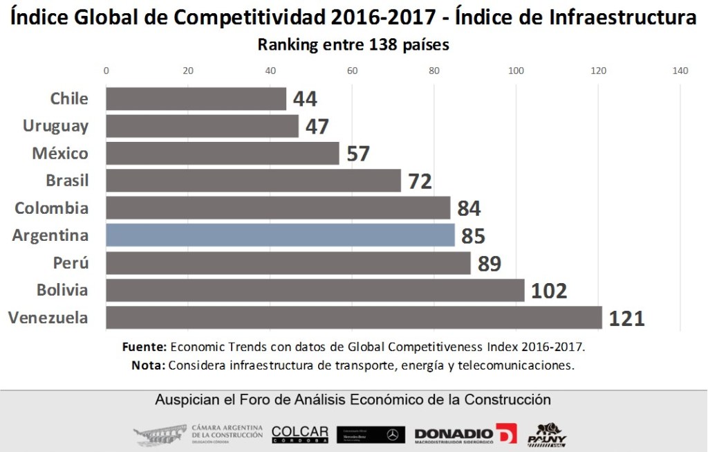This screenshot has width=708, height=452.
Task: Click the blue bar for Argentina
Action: (x=280, y=235)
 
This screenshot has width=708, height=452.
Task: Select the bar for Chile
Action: (x=196, y=98)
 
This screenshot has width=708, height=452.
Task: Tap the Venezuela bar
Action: (x=353, y=318)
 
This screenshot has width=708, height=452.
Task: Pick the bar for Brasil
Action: (x=253, y=181)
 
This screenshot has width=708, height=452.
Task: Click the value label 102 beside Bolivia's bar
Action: (x=549, y=291)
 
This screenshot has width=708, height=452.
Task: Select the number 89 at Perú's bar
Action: (x=489, y=264)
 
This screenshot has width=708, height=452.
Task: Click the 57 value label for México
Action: (x=358, y=154)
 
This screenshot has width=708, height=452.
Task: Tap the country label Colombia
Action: (x=51, y=208)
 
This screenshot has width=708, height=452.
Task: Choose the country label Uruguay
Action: (x=55, y=126)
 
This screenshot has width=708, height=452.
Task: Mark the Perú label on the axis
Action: (x=71, y=263)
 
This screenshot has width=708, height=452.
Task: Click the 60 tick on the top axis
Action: (x=352, y=70)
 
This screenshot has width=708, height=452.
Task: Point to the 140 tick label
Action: (x=680, y=70)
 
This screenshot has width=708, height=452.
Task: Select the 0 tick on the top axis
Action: (x=106, y=70)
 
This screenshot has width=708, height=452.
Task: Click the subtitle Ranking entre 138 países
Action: (x=353, y=45)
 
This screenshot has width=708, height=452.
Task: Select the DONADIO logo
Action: (x=465, y=434)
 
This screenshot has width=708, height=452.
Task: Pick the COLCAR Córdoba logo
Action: (x=299, y=434)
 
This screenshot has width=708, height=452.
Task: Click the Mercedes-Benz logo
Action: (x=371, y=435)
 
